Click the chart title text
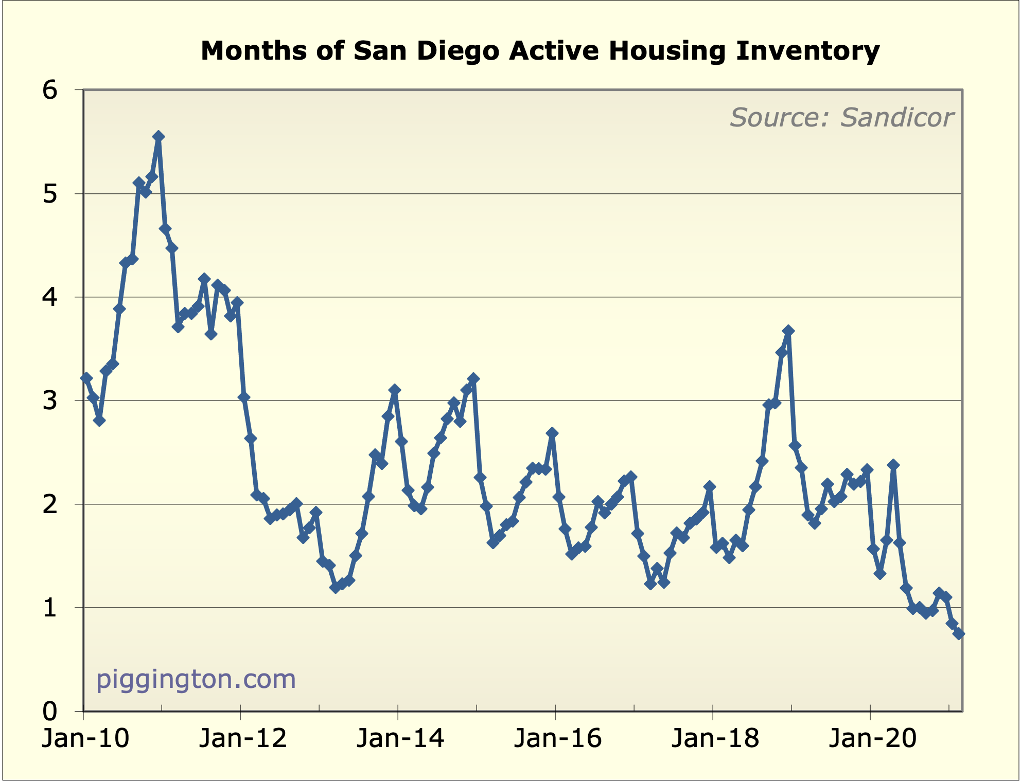[x=540, y=51]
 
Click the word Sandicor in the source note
[x=897, y=118]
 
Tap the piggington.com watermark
[x=196, y=679]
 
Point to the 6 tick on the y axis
[x=50, y=90]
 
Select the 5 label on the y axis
[x=50, y=194]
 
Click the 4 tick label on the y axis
[x=50, y=298]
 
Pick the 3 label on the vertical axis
[x=50, y=401]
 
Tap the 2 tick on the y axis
[x=50, y=505]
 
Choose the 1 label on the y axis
[x=50, y=608]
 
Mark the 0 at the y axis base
[x=50, y=712]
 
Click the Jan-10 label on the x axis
[x=85, y=738]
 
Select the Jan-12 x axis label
[x=243, y=738]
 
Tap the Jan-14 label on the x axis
[x=400, y=738]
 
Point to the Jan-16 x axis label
[x=558, y=738]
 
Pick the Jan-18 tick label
[x=715, y=738]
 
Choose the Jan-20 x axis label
[x=873, y=738]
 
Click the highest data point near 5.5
[x=159, y=136]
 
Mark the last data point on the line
[x=959, y=634]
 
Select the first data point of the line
[x=86, y=378]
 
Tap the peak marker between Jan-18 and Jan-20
[x=788, y=331]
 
